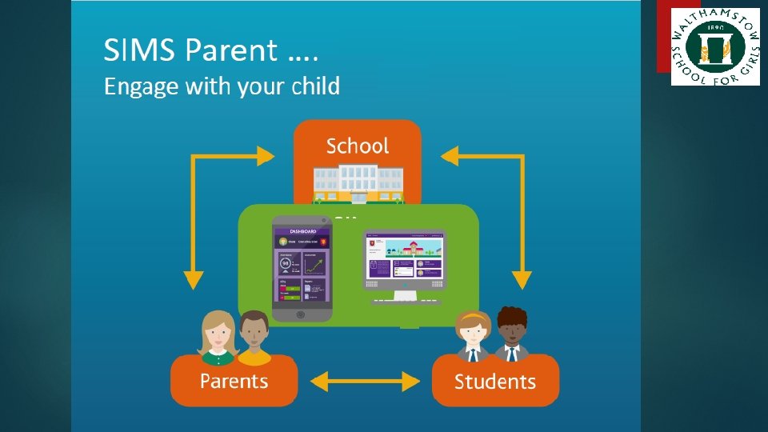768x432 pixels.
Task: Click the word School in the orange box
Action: [x=357, y=146]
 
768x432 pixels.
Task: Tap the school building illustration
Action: [x=357, y=182]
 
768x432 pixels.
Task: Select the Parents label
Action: [x=234, y=380]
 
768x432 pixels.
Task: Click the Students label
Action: [x=495, y=382]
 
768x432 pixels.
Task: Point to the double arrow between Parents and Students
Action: [x=365, y=382]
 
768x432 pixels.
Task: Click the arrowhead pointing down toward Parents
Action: [x=193, y=279]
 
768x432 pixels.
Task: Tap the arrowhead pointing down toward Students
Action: [x=522, y=279]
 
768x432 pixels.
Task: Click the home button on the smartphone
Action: [x=300, y=314]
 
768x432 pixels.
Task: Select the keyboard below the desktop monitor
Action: [x=406, y=302]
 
